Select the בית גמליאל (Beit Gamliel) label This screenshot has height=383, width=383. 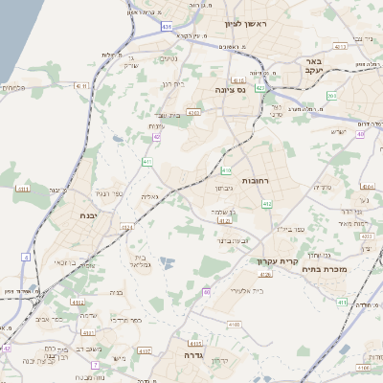141,262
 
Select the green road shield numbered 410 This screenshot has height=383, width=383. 226,170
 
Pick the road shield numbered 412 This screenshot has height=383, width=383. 267,204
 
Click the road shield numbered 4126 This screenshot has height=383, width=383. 265,275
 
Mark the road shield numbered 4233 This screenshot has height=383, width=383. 193,113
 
